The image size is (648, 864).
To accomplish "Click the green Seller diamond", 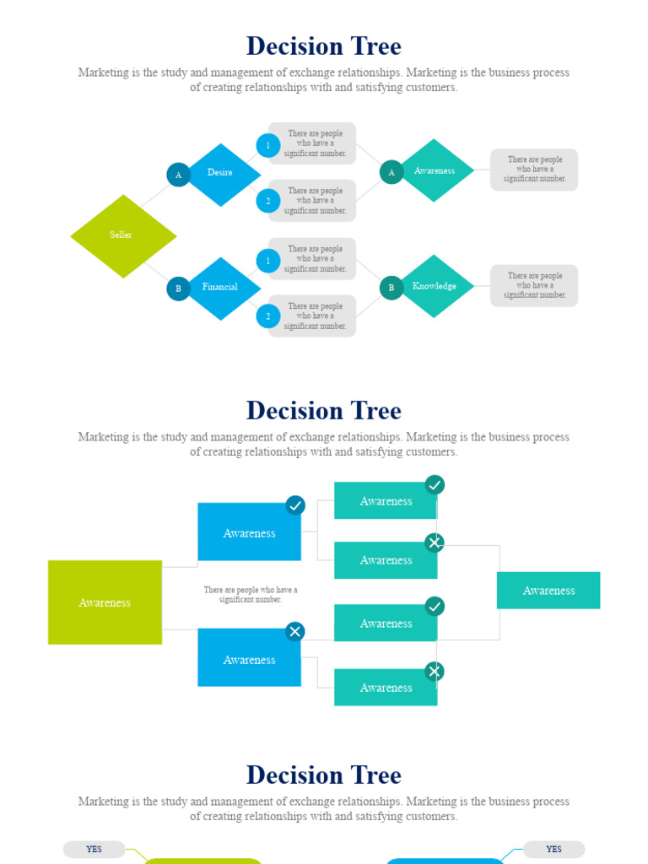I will point(123,235).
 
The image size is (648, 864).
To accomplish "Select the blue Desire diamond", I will point(221,174).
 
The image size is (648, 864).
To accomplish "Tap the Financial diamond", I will point(221,288).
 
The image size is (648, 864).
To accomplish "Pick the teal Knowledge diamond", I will point(435,286).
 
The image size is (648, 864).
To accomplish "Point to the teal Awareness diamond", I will point(435,170).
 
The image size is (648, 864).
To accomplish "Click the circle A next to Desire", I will point(178,175).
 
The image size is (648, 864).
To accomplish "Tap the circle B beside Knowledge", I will point(391,288).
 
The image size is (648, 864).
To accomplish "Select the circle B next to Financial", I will point(178,289).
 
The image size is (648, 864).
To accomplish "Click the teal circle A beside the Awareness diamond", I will point(391,172).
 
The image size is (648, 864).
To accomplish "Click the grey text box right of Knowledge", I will point(534,285).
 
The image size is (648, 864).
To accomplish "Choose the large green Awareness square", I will point(105,602).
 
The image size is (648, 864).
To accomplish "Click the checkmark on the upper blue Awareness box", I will point(294,505).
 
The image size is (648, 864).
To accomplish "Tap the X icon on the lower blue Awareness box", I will point(294,631).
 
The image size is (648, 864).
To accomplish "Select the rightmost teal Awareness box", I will point(548,591).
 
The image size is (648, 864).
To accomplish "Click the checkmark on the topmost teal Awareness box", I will point(435,484).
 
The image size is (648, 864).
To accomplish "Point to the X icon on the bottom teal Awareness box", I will point(435,672).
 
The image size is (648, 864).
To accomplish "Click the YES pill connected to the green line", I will point(94,850).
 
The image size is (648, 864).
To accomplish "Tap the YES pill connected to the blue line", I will point(553,850).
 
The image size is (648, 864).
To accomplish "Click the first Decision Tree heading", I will point(324,46).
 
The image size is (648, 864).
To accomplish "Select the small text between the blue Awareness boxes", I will point(250,595).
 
